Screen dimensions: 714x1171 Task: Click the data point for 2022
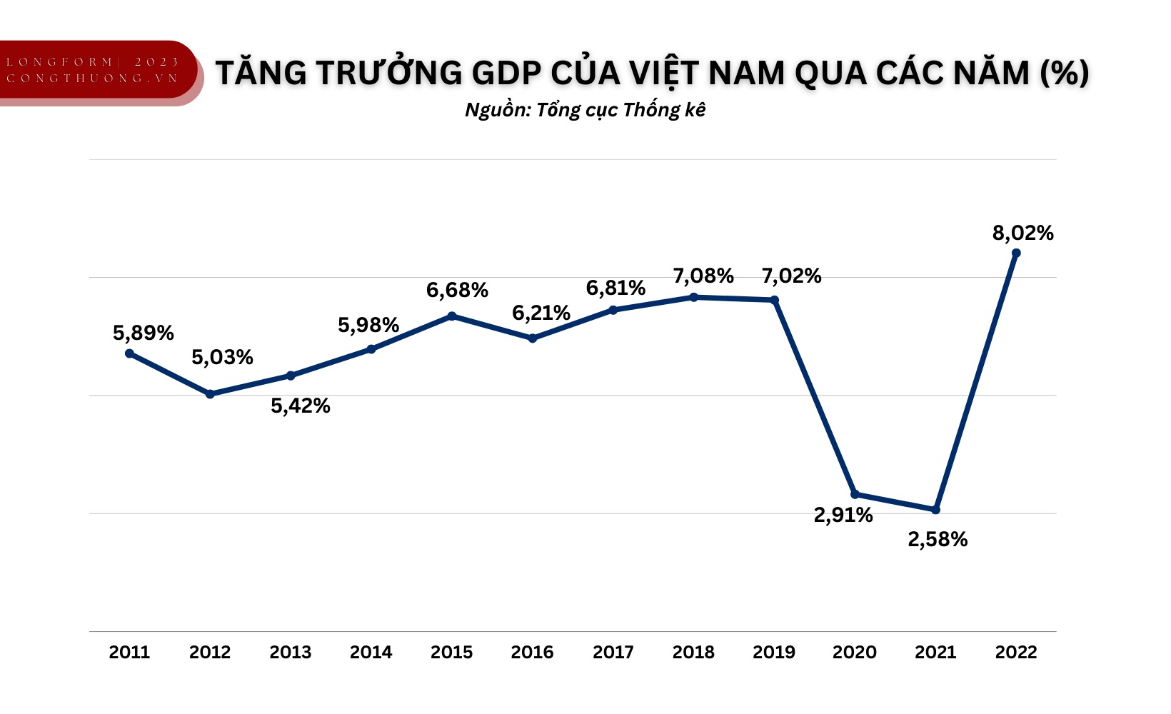pyautogui.click(x=1016, y=253)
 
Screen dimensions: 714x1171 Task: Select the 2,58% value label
pyautogui.click(x=938, y=539)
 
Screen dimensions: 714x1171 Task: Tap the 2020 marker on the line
pyautogui.click(x=855, y=494)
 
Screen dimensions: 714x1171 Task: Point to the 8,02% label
pyautogui.click(x=1022, y=233)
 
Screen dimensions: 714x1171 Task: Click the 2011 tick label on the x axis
pyautogui.click(x=129, y=652)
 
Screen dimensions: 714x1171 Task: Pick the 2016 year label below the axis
pyautogui.click(x=532, y=652)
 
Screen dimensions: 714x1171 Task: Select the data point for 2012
pyautogui.click(x=210, y=394)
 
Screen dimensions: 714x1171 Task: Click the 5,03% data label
pyautogui.click(x=222, y=357)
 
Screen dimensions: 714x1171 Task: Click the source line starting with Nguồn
pyautogui.click(x=585, y=110)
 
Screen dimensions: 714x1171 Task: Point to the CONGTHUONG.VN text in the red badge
pyautogui.click(x=93, y=79)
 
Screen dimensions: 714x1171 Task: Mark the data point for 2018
pyautogui.click(x=693, y=297)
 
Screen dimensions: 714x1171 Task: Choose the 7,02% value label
pyautogui.click(x=791, y=276)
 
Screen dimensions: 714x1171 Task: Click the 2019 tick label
pyautogui.click(x=774, y=652)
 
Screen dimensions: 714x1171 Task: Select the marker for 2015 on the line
pyautogui.click(x=451, y=316)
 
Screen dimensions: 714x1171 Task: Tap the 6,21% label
pyautogui.click(x=541, y=313)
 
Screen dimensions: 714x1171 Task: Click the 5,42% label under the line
pyautogui.click(x=300, y=406)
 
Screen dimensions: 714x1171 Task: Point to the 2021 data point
pyautogui.click(x=935, y=510)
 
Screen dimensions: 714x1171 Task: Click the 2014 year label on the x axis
pyautogui.click(x=371, y=652)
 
